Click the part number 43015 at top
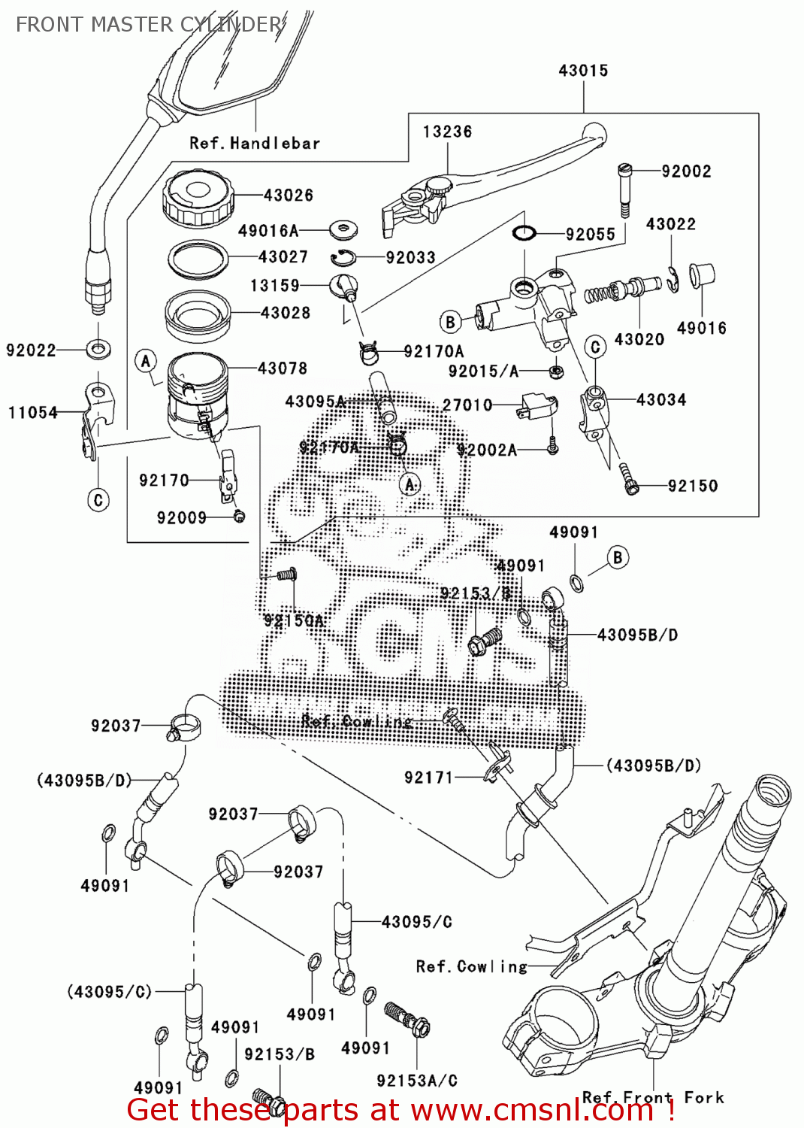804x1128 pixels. tap(583, 71)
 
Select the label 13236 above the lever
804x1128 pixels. tap(447, 132)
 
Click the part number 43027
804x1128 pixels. tap(283, 257)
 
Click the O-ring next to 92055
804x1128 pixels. tap(524, 233)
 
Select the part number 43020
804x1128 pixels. tap(639, 339)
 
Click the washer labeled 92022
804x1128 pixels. tap(98, 349)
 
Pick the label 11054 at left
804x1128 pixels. tap(33, 412)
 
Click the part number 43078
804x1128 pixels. tap(283, 368)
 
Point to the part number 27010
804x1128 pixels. tap(467, 405)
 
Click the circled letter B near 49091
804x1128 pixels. tap(618, 558)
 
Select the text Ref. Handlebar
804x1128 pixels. tap(254, 143)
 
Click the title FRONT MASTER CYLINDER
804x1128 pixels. tap(149, 25)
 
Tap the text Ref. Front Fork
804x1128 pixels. tap(653, 1097)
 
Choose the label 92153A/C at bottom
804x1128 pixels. tap(417, 1081)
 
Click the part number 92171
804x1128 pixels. tap(428, 778)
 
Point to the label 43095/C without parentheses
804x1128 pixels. tap(416, 922)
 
